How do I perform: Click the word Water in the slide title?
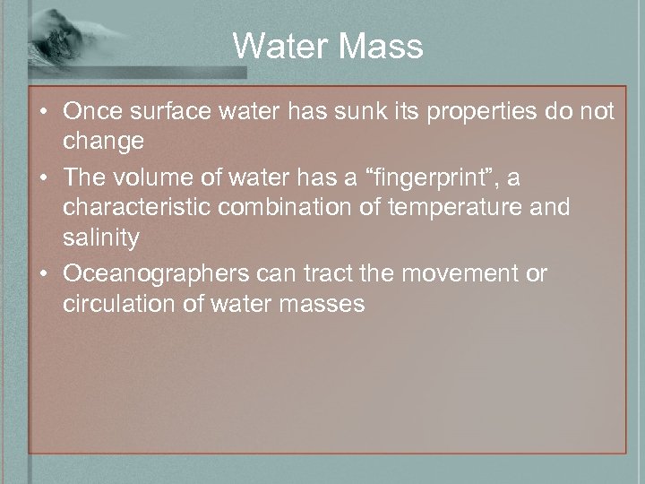pos(275,46)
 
